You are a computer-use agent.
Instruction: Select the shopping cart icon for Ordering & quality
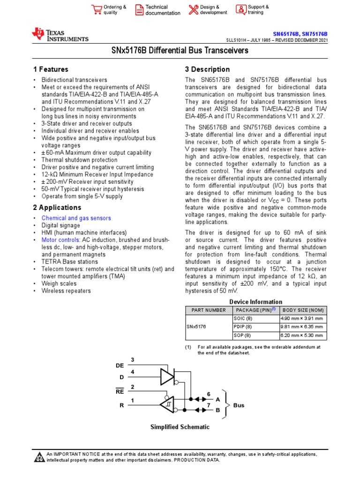coord(97,10)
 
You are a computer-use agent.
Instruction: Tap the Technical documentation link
coord(162,10)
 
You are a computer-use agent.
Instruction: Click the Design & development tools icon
coord(193,10)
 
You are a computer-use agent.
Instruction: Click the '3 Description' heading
coord(207,69)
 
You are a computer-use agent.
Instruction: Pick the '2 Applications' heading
coord(57,207)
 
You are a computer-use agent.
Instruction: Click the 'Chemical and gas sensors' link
coord(76,218)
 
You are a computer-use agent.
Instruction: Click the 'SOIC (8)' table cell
coord(242,319)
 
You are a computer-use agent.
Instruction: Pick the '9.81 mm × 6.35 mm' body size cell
coord(301,327)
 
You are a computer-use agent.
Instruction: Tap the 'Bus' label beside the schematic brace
coord(239,405)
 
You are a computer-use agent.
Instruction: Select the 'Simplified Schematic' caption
coord(180,427)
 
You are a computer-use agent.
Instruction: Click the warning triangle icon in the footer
coord(39,457)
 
